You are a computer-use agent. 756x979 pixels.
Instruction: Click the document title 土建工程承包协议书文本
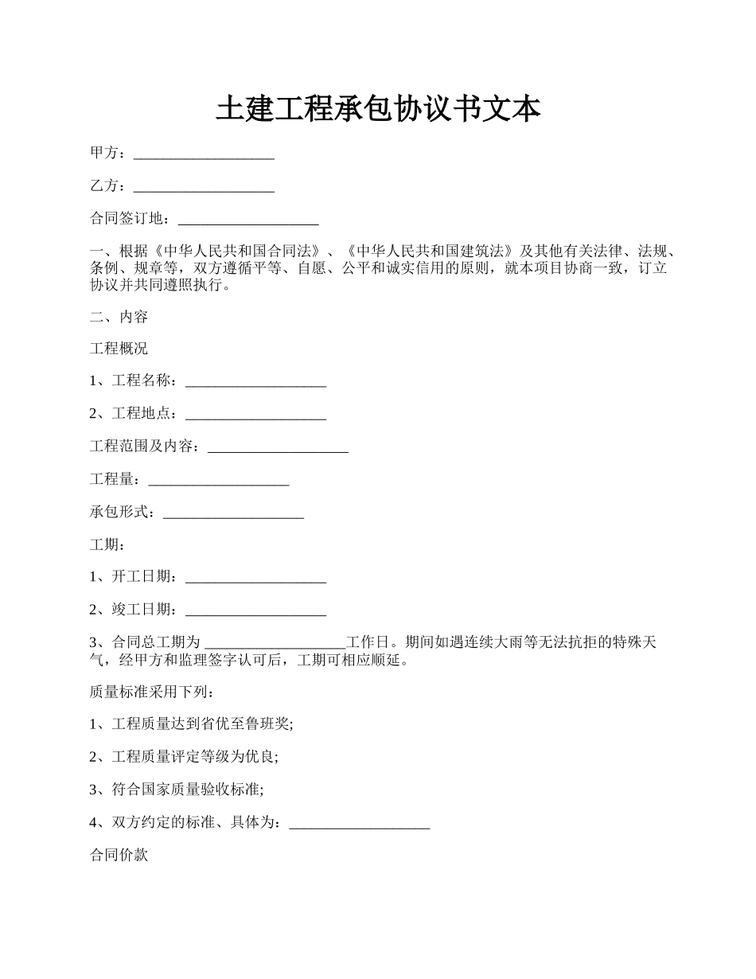coord(378,110)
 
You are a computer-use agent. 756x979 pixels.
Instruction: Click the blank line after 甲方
coord(204,154)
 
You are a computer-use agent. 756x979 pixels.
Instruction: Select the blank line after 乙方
coord(204,187)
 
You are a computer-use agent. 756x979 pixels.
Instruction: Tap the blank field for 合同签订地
coord(248,220)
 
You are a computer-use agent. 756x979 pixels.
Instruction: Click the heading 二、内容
coord(119,317)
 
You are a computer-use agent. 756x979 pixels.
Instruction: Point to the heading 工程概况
coord(119,349)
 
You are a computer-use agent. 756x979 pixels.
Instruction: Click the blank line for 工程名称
coord(255,382)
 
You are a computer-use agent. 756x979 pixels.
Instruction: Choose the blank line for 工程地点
coord(255,415)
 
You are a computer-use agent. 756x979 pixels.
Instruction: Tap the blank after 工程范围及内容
coord(278,447)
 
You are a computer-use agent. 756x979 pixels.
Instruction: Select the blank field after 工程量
coord(219,480)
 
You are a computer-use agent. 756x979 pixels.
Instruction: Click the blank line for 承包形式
coord(233,513)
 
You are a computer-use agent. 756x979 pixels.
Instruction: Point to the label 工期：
coord(107,544)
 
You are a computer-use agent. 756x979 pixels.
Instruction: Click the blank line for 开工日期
coord(255,578)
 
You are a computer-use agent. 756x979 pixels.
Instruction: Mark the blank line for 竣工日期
coord(255,610)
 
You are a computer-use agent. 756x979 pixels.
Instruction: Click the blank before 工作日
coord(276,643)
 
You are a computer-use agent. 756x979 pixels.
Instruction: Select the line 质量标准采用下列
coord(152,692)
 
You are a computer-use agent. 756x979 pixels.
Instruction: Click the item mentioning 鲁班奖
coord(192,724)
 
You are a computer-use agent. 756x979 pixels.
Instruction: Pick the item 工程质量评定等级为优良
coord(185,757)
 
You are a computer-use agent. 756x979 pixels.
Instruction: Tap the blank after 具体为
coord(360,823)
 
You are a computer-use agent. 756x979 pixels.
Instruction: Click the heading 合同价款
coord(119,856)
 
